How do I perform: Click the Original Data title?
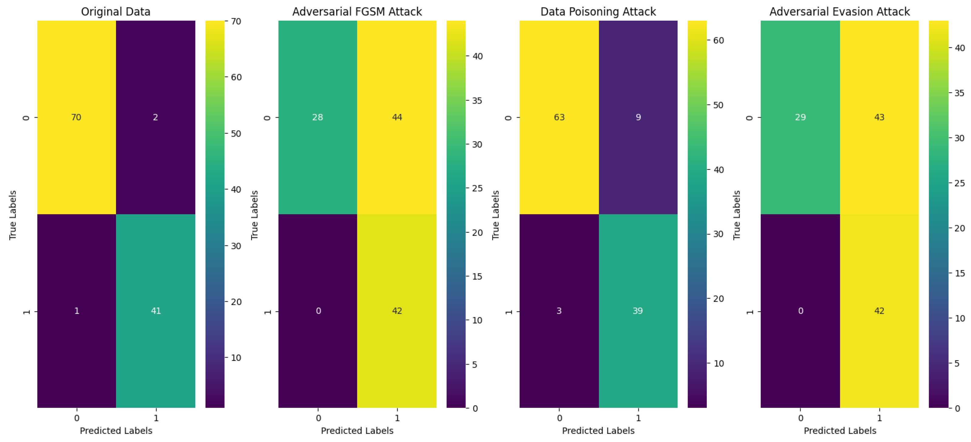click(x=116, y=12)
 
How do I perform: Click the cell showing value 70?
click(x=76, y=117)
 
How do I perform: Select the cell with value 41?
click(x=156, y=311)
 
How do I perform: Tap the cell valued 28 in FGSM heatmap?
click(x=317, y=117)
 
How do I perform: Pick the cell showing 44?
click(x=397, y=117)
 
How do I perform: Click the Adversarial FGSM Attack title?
click(x=357, y=12)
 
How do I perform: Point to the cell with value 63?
click(x=559, y=117)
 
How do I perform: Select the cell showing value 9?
click(x=638, y=117)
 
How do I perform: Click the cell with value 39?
click(x=638, y=311)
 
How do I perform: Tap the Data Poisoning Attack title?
click(x=598, y=12)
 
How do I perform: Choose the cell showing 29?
click(x=800, y=117)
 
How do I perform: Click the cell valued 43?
click(x=879, y=117)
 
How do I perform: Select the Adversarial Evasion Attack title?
click(x=839, y=12)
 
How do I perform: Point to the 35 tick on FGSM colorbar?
click(x=477, y=101)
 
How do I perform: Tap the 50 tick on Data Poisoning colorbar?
click(x=718, y=105)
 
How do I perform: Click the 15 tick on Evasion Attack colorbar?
click(x=959, y=273)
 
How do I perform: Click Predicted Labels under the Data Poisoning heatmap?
click(x=598, y=431)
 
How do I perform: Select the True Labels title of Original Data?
click(x=13, y=215)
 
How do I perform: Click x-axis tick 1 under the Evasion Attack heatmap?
click(x=879, y=418)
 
